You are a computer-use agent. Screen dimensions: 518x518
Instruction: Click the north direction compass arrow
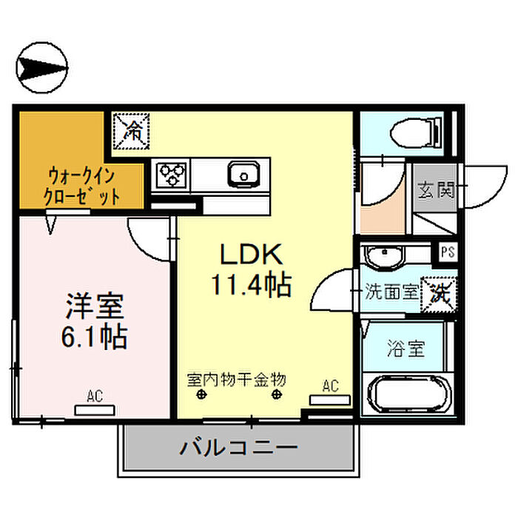(42, 68)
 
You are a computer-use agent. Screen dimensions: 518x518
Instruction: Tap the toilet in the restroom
(415, 133)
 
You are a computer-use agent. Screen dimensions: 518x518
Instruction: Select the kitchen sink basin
(243, 175)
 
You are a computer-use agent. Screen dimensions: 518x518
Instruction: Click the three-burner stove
(172, 175)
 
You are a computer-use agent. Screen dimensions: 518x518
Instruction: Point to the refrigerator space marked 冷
(131, 131)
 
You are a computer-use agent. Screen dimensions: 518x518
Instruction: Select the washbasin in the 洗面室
(384, 255)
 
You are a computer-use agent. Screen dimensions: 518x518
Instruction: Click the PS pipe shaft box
(448, 252)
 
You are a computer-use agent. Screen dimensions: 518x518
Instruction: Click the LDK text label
(252, 254)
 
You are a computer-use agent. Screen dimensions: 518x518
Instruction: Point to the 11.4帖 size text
(251, 284)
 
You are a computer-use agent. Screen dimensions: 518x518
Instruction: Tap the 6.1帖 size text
(94, 337)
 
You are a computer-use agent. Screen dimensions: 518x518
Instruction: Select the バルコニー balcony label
(238, 448)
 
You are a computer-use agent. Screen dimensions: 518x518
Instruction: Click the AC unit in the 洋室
(95, 410)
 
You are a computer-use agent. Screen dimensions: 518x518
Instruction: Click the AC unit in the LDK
(330, 400)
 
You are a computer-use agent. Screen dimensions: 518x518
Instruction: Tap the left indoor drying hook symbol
(201, 394)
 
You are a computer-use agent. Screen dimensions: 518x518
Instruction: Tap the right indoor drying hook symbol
(277, 394)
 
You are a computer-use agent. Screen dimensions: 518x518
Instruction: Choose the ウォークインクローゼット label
(81, 186)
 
